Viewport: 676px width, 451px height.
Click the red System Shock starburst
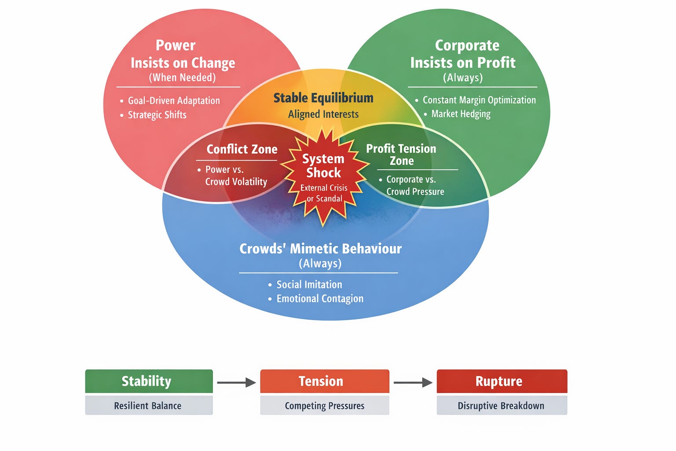324,176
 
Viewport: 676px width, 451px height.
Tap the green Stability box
149,381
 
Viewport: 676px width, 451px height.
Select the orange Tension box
324,381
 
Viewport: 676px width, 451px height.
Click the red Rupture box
502,381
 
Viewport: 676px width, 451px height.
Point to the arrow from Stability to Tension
236,382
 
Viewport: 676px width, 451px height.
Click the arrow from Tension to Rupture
413,382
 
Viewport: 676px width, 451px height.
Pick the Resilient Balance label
148,406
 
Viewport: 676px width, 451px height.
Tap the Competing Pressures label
324,406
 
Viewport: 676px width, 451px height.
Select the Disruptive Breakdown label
501,406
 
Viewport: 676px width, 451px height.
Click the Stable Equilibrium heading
323,98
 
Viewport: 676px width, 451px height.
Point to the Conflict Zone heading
242,149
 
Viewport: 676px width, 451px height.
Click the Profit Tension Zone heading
401,155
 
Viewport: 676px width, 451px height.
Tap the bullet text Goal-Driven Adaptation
174,100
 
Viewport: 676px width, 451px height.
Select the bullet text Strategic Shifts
157,115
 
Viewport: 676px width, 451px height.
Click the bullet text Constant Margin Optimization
479,100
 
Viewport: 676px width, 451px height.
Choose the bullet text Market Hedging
461,114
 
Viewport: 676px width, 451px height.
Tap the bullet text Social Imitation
309,285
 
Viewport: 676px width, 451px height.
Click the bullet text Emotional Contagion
320,299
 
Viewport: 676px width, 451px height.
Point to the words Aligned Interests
323,114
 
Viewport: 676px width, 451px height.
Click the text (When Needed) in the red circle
182,78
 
